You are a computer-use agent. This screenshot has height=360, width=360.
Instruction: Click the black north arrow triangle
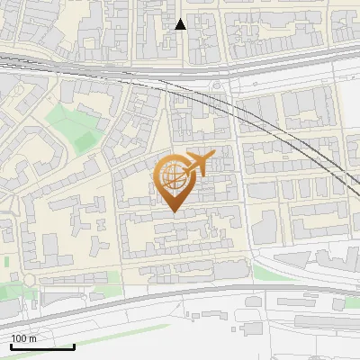[x=181, y=24]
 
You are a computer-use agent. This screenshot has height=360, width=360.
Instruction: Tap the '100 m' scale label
[x=24, y=338]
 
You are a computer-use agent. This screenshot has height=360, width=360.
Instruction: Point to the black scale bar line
[x=41, y=346]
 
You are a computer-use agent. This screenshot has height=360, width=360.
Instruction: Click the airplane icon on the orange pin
[x=199, y=163]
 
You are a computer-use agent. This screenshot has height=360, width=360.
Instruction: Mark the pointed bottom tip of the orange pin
[x=174, y=212]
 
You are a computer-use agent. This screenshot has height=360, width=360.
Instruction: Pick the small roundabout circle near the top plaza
[x=216, y=85]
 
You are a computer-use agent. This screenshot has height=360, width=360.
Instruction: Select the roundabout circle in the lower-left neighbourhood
[x=31, y=280]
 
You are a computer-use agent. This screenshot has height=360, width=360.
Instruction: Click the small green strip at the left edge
[x=5, y=261]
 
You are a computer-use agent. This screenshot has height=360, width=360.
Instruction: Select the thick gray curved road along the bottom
[x=180, y=292]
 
